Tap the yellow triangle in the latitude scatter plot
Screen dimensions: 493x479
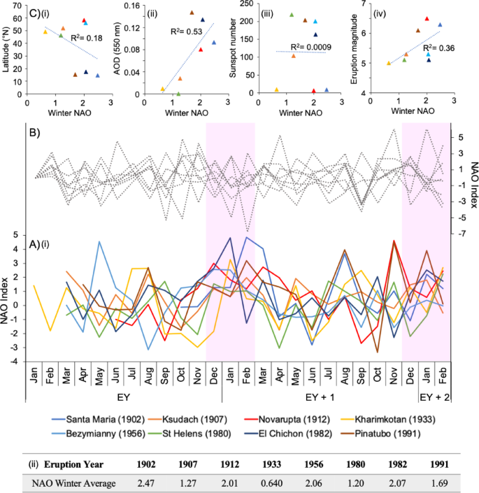click(x=46, y=31)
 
